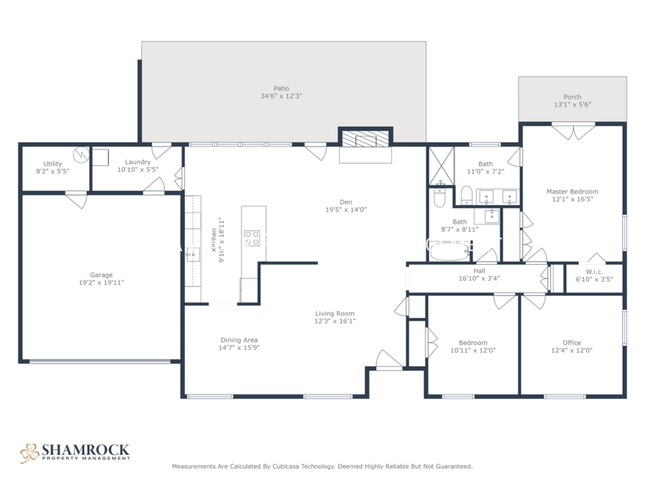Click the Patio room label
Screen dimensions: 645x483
pyautogui.click(x=282, y=88)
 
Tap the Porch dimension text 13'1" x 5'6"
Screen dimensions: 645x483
pyautogui.click(x=572, y=104)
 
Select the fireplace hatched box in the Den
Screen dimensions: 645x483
pyautogui.click(x=365, y=140)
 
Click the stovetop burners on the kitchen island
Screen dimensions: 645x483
pyautogui.click(x=252, y=238)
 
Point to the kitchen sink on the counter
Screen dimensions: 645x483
pyautogui.click(x=193, y=255)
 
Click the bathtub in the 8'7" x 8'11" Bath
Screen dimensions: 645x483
pyautogui.click(x=449, y=250)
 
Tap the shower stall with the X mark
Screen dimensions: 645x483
pyautogui.click(x=441, y=165)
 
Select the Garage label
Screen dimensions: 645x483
pyautogui.click(x=101, y=275)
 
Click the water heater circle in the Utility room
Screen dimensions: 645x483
pyautogui.click(x=81, y=155)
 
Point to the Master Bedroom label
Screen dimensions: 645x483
pyautogui.click(x=572, y=191)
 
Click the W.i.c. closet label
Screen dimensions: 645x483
pyautogui.click(x=594, y=271)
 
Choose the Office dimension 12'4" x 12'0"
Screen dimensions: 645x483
pyautogui.click(x=572, y=351)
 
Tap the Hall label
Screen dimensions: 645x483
pyautogui.click(x=479, y=270)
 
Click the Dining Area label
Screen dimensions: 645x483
pyautogui.click(x=239, y=340)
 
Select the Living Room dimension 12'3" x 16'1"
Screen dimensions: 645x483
pyautogui.click(x=335, y=321)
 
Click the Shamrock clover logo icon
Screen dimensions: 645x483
pyautogui.click(x=29, y=453)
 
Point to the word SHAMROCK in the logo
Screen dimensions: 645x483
pyautogui.click(x=85, y=450)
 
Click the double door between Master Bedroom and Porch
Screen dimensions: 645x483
pyautogui.click(x=573, y=131)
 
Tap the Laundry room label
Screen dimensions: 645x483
pyautogui.click(x=138, y=162)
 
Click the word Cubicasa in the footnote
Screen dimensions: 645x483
pyautogui.click(x=285, y=467)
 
